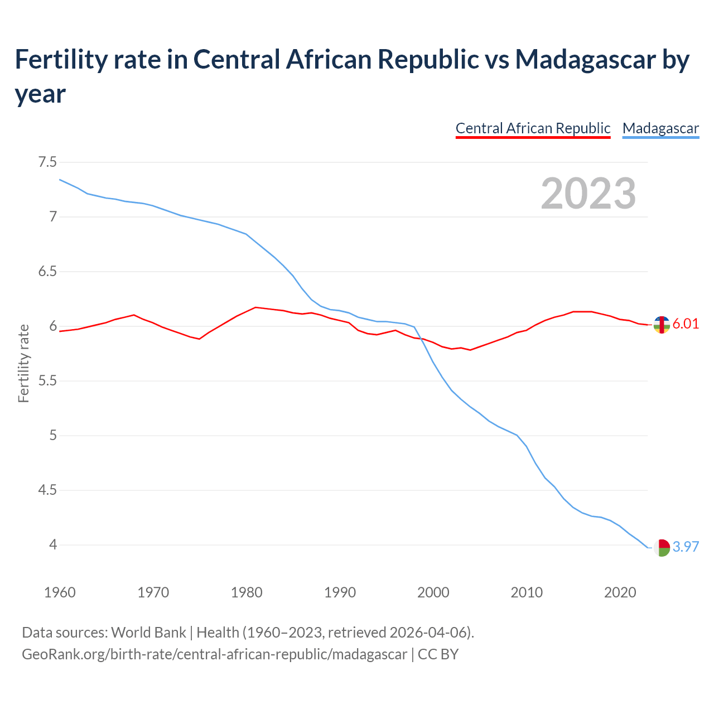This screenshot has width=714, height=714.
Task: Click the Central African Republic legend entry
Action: (533, 128)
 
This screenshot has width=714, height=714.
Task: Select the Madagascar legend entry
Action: (660, 128)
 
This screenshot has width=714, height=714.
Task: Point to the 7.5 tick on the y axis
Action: (47, 162)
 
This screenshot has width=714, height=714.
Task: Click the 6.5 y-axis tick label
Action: (47, 272)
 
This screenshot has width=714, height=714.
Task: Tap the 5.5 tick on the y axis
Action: (47, 381)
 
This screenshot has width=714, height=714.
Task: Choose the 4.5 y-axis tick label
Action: (47, 490)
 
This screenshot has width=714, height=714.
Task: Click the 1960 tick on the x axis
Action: (60, 592)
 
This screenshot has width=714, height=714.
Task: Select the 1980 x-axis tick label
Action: (247, 592)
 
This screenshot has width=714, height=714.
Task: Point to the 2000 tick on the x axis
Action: (433, 592)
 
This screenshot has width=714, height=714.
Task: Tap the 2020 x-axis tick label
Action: (620, 592)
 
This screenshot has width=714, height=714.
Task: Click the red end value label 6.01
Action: (686, 324)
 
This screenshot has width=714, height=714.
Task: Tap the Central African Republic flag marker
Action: (662, 325)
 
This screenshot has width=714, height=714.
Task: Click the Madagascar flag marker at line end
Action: (662, 548)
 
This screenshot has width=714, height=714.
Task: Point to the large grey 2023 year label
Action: (588, 194)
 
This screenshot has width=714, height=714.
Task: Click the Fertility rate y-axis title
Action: (23, 363)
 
